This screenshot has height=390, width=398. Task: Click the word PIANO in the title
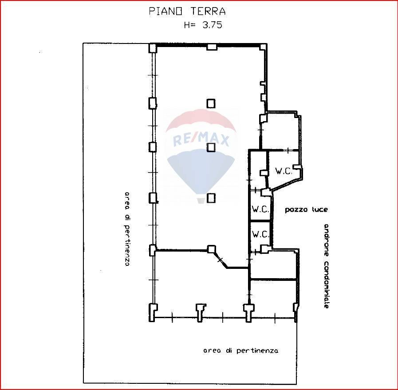tap(165, 11)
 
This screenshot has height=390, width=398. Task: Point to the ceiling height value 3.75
tap(212, 25)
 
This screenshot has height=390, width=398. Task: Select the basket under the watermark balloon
tap(201, 201)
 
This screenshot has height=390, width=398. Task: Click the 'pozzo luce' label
tap(306, 210)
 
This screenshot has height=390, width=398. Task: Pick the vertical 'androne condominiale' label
tap(326, 266)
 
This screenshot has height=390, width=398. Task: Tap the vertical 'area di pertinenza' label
tap(127, 229)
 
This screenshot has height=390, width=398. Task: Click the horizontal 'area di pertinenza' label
tap(240, 351)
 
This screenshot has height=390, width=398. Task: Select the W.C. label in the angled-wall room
tap(284, 172)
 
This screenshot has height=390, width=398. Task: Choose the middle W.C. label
tap(260, 209)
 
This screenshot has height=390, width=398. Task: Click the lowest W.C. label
tap(260, 234)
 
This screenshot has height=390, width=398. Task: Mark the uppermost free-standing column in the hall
tap(211, 103)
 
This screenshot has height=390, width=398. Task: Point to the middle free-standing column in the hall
tap(211, 147)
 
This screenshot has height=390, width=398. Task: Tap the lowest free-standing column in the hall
tap(211, 198)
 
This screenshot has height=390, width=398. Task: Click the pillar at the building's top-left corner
tap(152, 48)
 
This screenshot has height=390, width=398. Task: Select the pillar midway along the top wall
tap(212, 47)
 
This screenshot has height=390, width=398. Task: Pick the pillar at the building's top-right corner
tap(263, 47)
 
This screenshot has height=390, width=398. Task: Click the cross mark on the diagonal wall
tap(220, 260)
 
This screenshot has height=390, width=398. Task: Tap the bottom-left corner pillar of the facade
tap(152, 312)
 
